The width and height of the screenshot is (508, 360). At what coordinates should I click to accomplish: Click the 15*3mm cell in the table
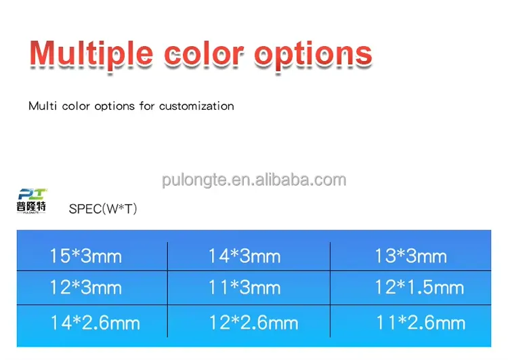(x=85, y=256)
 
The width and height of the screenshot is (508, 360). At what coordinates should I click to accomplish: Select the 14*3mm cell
(x=244, y=256)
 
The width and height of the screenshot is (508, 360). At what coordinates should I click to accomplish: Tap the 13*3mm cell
(x=410, y=256)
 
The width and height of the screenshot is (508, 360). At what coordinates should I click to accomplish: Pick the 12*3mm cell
(x=85, y=287)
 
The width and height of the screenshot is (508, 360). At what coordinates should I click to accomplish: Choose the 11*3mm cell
(x=244, y=287)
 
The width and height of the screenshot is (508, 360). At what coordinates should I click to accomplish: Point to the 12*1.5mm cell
(x=419, y=287)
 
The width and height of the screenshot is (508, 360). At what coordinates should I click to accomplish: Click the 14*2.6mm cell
(x=94, y=322)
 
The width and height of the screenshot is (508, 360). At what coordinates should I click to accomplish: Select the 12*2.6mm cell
(x=253, y=322)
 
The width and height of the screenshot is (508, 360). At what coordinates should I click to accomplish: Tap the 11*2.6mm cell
(x=421, y=322)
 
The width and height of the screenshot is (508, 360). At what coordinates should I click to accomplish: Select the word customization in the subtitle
(x=196, y=106)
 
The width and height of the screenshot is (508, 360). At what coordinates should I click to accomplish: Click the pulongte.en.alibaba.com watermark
(x=254, y=180)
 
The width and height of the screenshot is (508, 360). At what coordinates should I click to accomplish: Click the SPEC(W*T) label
(x=103, y=209)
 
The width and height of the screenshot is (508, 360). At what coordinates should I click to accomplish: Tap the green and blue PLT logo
(x=32, y=195)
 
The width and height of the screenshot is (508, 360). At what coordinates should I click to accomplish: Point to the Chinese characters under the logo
(x=32, y=207)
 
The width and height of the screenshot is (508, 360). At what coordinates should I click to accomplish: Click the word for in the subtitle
(x=147, y=106)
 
